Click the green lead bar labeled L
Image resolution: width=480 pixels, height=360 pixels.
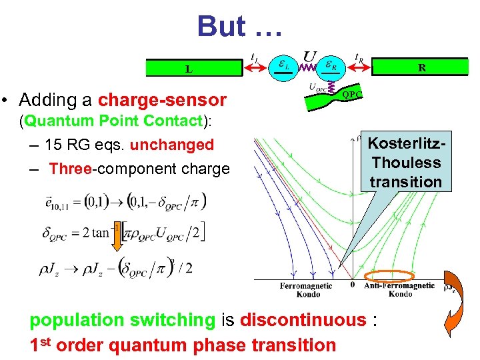point(189,68)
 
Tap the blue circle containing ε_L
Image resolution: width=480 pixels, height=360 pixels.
point(283,66)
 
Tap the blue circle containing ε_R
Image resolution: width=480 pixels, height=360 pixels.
point(329,66)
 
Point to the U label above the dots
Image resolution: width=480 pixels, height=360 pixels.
point(310,57)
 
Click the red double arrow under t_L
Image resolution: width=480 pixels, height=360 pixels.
point(257,67)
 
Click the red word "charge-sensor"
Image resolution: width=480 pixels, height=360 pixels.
point(162,100)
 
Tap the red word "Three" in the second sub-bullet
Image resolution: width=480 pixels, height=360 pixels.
point(70,169)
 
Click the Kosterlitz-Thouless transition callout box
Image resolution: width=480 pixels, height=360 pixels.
point(405,162)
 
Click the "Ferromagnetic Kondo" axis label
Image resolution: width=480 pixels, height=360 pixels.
point(305,289)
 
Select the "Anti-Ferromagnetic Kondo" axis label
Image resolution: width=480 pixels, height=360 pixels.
point(400,289)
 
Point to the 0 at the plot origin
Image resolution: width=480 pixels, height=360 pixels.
point(353,285)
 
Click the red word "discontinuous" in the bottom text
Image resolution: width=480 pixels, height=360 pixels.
point(303,320)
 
